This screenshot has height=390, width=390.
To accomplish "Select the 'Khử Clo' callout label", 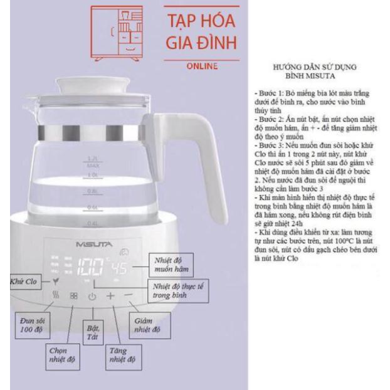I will tap(25, 283).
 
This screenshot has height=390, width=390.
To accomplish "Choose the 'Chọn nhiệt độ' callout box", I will tap(61, 356).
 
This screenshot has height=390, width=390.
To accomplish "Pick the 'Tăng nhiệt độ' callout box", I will tap(122, 356).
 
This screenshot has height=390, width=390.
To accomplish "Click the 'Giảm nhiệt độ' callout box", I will tap(148, 324).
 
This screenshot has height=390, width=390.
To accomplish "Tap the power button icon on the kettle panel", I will tap(92, 297).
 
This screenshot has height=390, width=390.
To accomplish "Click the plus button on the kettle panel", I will tap(110, 297).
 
